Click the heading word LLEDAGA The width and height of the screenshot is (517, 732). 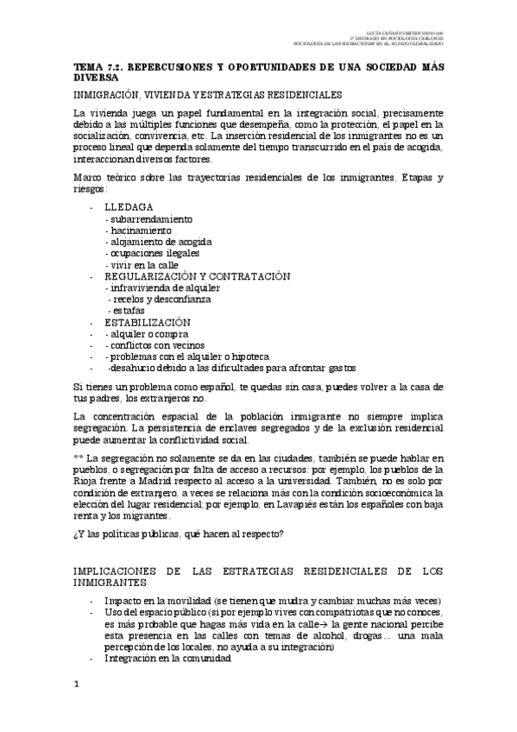(129, 208)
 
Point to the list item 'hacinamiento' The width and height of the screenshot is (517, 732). (139, 230)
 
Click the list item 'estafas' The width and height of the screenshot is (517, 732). (127, 310)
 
